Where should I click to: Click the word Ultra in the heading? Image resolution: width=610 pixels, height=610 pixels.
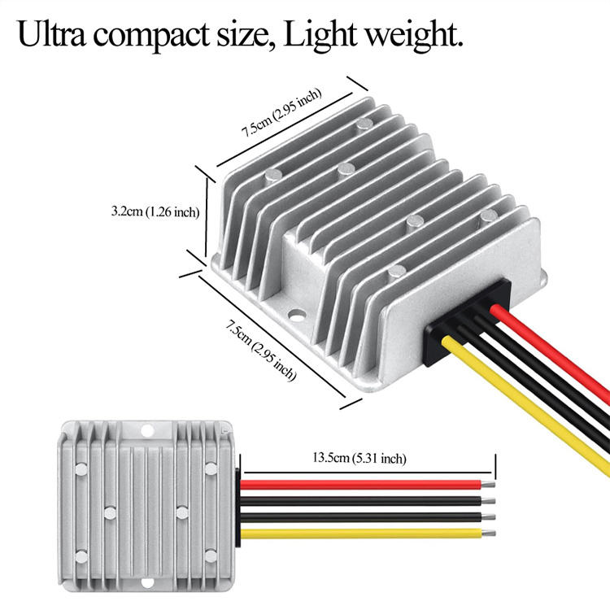click(55, 36)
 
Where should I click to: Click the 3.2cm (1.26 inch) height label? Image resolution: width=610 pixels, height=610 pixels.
click(155, 211)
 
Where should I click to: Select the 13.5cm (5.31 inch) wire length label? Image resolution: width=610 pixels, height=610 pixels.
click(359, 459)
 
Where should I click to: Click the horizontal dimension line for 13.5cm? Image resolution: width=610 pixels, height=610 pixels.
click(366, 471)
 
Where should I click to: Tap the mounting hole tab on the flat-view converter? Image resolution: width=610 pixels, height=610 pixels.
click(146, 430)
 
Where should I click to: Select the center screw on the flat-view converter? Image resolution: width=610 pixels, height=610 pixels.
click(110, 512)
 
